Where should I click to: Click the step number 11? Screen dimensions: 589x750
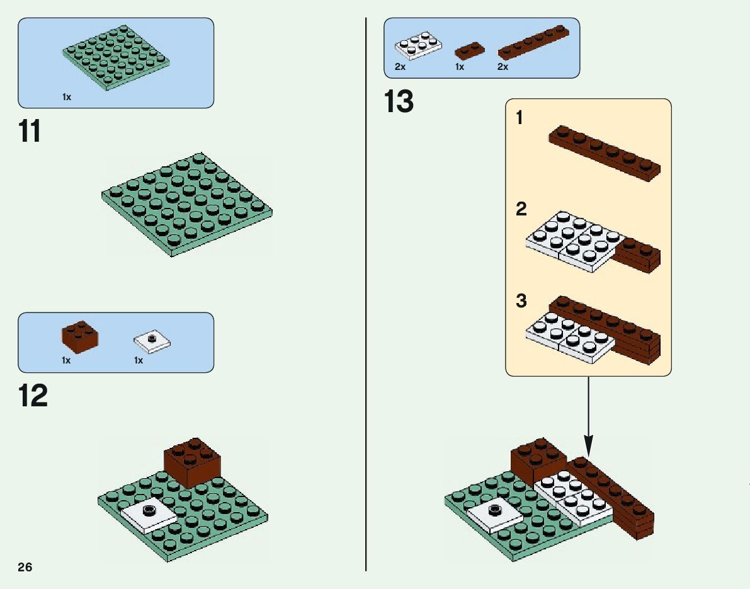tap(30, 132)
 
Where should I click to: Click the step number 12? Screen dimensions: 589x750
tap(33, 397)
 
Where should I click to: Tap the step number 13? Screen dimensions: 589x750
tap(399, 103)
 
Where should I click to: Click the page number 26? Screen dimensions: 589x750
tap(25, 567)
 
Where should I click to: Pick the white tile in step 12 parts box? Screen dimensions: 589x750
tap(152, 341)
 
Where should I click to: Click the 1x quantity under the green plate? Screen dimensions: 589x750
tap(67, 97)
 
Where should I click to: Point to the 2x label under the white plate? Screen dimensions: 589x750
tap(401, 67)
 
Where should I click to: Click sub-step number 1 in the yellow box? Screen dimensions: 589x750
tap(520, 118)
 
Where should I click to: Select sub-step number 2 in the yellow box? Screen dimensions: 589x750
tap(521, 209)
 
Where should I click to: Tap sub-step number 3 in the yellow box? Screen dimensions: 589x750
tap(521, 301)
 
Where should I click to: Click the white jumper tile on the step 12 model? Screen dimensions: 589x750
tap(149, 513)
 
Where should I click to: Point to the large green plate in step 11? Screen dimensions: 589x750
tap(187, 204)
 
